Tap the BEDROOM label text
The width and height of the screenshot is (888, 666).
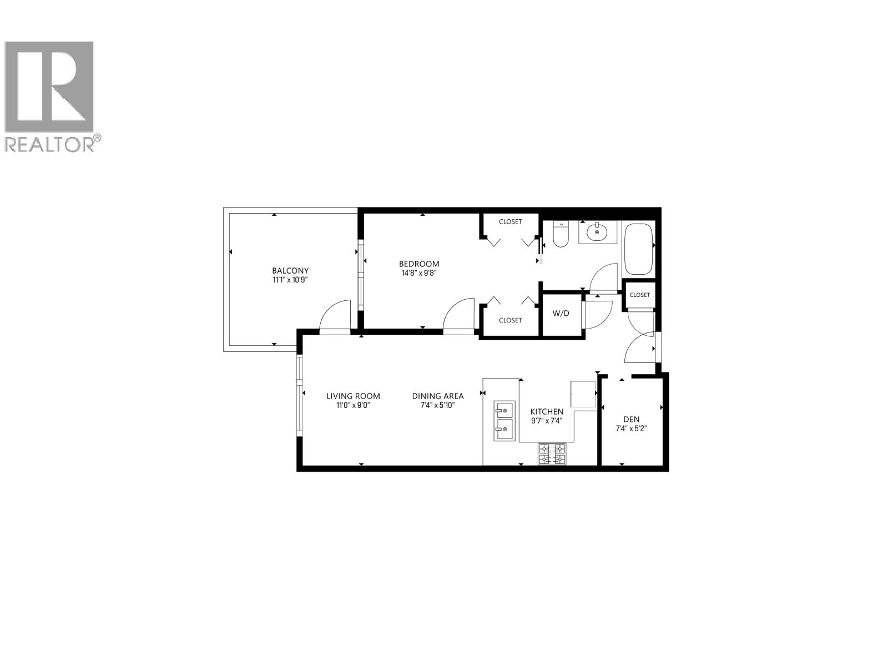(x=419, y=264)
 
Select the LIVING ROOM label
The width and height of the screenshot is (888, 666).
(x=353, y=396)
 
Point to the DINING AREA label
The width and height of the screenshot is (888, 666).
(x=437, y=396)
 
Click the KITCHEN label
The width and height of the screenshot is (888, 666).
(x=547, y=411)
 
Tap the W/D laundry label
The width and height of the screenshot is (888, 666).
(x=561, y=313)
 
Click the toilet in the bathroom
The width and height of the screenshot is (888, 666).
(x=561, y=236)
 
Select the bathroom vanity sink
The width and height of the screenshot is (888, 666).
(x=597, y=232)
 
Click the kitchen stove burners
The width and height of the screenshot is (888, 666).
(x=552, y=453)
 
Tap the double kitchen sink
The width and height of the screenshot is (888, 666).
(x=504, y=421)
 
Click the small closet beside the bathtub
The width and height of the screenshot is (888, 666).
(x=639, y=295)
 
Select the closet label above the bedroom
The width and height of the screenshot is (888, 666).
(x=510, y=221)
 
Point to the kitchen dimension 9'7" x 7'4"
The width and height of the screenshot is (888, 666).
(x=547, y=421)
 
